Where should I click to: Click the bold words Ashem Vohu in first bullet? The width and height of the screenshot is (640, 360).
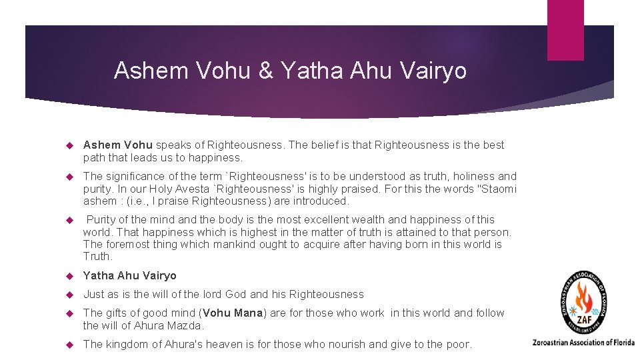(x=118, y=145)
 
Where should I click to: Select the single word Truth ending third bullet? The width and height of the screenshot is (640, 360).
(x=97, y=257)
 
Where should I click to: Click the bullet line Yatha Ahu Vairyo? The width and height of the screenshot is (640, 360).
(x=129, y=275)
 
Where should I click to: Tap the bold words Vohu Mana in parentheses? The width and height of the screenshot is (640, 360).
(x=233, y=313)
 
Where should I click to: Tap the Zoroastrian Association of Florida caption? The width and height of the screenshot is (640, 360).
(x=583, y=343)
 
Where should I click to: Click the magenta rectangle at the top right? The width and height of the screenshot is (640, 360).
(x=565, y=30)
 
